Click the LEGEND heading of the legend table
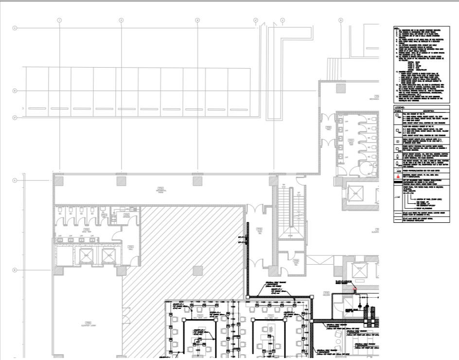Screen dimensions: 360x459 tap(400, 107)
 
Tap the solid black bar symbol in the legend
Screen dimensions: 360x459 tap(398, 181)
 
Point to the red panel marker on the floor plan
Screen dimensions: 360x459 tap(355, 290)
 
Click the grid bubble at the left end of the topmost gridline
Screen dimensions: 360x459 tap(15, 29)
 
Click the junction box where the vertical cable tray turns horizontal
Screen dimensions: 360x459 tap(247, 296)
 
